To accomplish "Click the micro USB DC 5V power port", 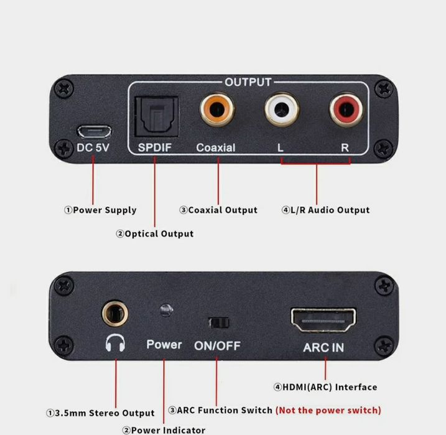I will [94, 132].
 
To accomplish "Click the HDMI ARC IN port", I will [323, 319].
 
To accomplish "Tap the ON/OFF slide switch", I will [218, 322].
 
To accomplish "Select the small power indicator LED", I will [165, 309].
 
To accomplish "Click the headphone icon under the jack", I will [116, 344].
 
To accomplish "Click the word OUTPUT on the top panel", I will [248, 82].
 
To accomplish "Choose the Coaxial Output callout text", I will [218, 210].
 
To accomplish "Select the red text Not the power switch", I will [328, 410].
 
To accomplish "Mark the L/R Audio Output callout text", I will [325, 210].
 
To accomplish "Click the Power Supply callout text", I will [100, 210].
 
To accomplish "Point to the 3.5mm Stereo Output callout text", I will [100, 413].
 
